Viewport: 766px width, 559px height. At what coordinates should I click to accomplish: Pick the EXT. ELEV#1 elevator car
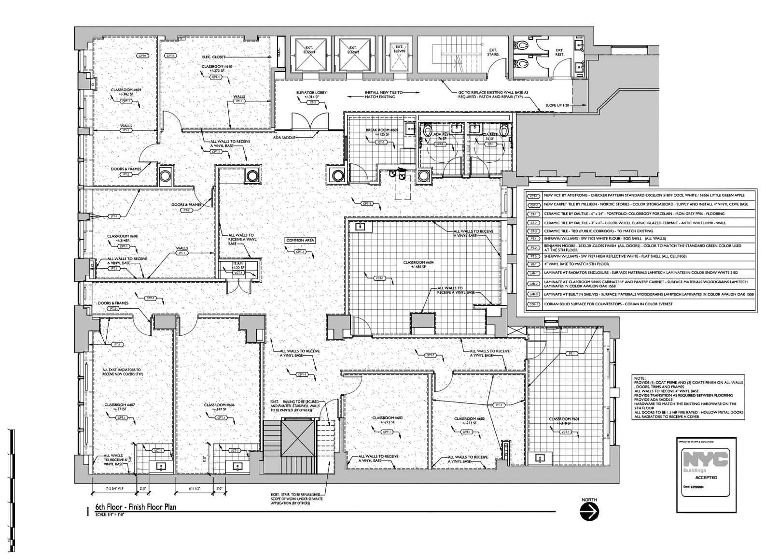(309, 54)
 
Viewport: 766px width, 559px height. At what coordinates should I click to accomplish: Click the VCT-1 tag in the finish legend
(533, 196)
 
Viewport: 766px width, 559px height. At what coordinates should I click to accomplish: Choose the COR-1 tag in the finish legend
(533, 304)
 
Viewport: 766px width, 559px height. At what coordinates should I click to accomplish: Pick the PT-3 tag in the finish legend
(533, 256)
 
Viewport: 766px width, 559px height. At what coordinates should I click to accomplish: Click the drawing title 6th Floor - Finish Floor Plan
(135, 507)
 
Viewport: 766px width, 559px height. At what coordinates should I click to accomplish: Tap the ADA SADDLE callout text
(284, 138)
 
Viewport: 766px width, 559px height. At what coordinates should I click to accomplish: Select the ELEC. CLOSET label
(214, 57)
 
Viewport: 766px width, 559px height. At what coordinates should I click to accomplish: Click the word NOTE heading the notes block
(640, 378)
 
